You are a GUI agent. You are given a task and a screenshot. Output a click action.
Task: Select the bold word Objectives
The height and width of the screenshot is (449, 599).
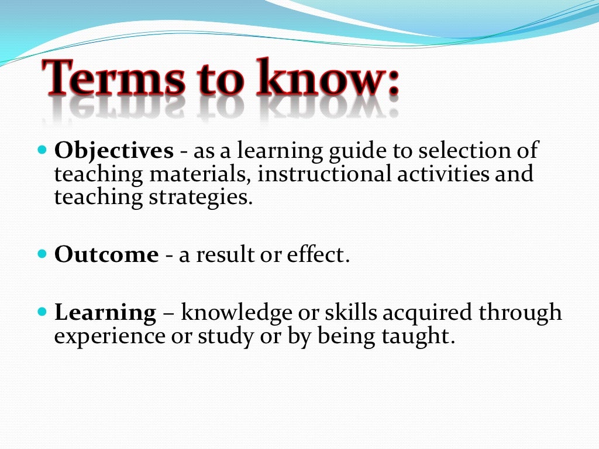click(x=113, y=151)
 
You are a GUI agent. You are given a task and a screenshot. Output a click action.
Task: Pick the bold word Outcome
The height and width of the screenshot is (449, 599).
click(x=106, y=255)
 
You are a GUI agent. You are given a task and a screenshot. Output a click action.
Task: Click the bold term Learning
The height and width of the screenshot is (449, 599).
click(x=105, y=313)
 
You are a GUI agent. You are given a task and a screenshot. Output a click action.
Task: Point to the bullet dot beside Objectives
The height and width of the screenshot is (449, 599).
click(x=41, y=150)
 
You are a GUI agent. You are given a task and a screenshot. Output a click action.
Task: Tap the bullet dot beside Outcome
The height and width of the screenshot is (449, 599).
click(x=41, y=254)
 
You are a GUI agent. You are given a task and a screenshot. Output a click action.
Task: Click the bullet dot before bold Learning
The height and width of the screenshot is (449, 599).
click(x=41, y=312)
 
